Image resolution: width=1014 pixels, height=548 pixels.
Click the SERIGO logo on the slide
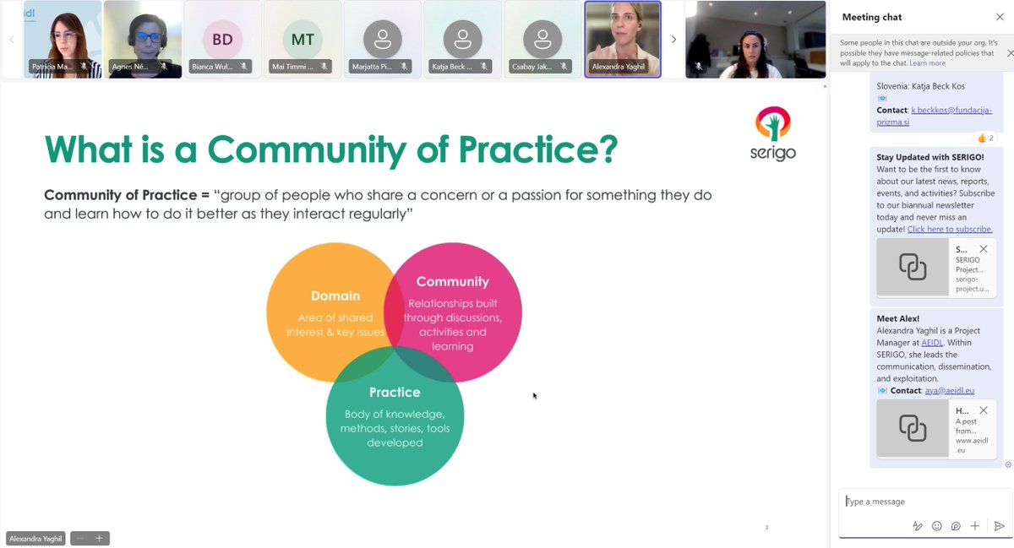tap(772, 133)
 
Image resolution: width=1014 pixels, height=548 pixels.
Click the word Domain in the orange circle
tap(335, 296)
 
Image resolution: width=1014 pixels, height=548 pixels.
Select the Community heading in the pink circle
tap(452, 281)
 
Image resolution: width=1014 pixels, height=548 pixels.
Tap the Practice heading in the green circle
tap(395, 392)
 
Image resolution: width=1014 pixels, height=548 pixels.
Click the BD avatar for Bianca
tap(222, 40)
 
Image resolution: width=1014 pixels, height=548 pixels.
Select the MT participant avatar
tap(303, 40)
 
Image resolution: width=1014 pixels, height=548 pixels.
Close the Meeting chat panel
tap(1000, 17)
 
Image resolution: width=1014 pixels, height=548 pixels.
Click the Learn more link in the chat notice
tap(927, 63)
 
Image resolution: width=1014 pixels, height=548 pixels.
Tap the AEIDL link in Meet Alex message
tap(932, 343)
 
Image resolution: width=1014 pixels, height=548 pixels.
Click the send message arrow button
tap(999, 526)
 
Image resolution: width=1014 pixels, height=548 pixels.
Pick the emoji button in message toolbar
tap(936, 526)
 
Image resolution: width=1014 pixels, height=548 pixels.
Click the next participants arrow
tap(673, 39)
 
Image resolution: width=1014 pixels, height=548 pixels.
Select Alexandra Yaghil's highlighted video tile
tap(623, 39)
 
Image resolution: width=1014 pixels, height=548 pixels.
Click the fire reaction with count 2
tap(985, 138)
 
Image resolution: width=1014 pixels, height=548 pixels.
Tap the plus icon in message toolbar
tap(974, 526)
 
